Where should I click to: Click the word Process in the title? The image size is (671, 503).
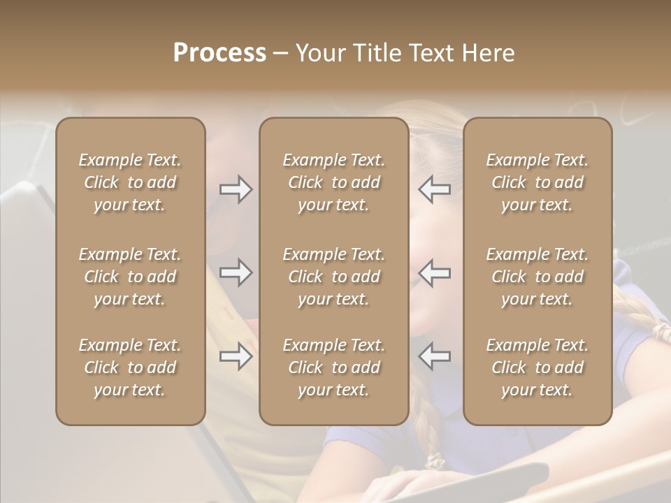tap(219, 53)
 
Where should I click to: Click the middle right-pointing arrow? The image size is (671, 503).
tap(236, 272)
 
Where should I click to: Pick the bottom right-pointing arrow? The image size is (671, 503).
tap(236, 356)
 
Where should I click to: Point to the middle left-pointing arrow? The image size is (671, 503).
tap(434, 272)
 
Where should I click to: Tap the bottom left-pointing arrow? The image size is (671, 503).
tap(434, 356)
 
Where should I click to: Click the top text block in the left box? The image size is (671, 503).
tap(130, 182)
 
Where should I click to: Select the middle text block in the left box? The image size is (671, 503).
tap(130, 277)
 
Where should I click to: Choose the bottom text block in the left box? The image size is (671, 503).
tap(130, 367)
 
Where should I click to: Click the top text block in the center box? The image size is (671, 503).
tap(333, 182)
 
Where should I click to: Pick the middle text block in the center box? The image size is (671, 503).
tap(333, 277)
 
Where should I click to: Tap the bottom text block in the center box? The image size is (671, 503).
tap(333, 367)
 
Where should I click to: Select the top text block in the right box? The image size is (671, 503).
tap(537, 182)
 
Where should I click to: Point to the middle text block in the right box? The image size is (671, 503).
tap(537, 277)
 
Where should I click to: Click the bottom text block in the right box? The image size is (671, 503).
tap(537, 367)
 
